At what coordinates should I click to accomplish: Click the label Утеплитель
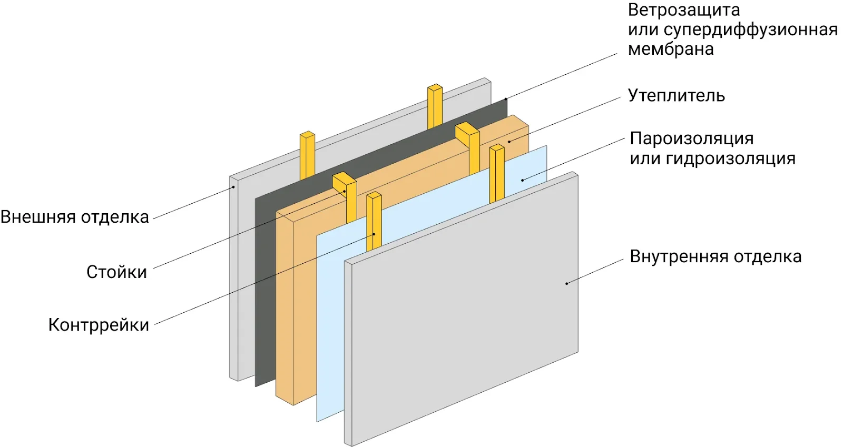676,96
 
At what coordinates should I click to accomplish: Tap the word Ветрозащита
683,10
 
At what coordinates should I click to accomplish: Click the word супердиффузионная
750,30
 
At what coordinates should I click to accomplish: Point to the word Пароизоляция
691,138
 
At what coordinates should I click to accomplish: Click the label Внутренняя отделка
715,256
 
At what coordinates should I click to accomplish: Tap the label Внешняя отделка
75,217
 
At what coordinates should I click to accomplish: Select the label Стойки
116,272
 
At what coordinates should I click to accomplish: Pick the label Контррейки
99,325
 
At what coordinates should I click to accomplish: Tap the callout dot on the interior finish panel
567,283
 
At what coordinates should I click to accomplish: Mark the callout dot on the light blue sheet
522,180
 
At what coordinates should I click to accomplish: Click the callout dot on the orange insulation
509,142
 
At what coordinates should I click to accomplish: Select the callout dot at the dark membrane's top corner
506,99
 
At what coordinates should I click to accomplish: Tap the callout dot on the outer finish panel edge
233,187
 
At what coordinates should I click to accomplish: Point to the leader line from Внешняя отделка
192,203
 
